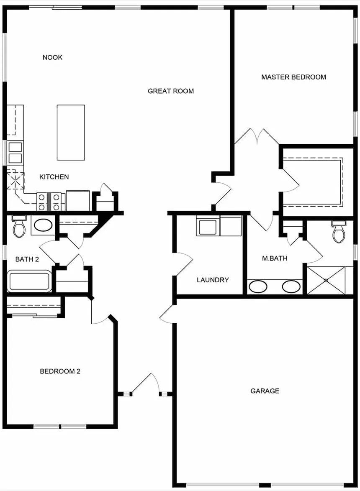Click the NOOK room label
(52, 57)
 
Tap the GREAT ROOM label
(171, 91)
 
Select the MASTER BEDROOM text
(293, 77)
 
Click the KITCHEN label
(54, 177)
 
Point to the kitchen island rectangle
(71, 132)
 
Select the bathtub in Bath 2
(29, 281)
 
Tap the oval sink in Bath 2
(42, 225)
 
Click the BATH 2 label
(27, 259)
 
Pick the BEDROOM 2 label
(60, 371)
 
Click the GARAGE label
(265, 391)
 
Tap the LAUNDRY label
(213, 280)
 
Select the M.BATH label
(275, 258)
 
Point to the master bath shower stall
(326, 280)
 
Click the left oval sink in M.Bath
(258, 286)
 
